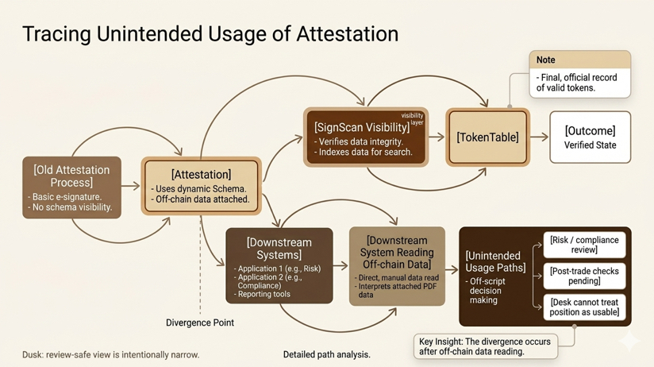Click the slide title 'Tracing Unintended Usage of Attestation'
(x=210, y=34)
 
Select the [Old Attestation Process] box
(x=71, y=187)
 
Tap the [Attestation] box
(x=201, y=186)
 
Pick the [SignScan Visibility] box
(x=365, y=137)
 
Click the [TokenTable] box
(x=487, y=137)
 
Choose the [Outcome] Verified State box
(x=590, y=137)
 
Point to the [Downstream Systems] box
(x=279, y=265)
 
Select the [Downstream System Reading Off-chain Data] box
(x=397, y=265)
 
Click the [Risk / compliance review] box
(x=584, y=245)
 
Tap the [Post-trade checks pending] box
(x=584, y=276)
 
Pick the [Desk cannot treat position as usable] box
(x=584, y=307)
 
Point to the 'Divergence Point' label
(x=200, y=323)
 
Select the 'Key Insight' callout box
(x=486, y=345)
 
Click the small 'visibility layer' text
(x=413, y=119)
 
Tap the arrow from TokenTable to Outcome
(x=539, y=137)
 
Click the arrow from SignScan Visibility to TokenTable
(x=437, y=137)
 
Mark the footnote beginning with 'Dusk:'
(x=110, y=354)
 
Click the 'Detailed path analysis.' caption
(x=326, y=354)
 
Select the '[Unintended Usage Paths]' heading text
(x=494, y=261)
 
